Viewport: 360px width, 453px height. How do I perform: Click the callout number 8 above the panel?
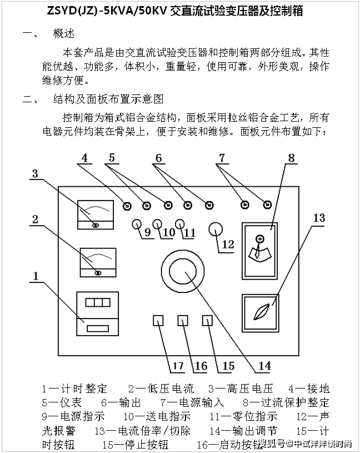(x=291, y=157)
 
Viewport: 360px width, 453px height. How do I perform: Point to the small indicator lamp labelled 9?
(x=136, y=223)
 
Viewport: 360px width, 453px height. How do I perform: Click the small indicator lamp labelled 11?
(x=179, y=224)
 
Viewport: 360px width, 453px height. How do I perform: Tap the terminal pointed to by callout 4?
(x=127, y=206)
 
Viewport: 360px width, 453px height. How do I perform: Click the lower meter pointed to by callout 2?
(x=98, y=261)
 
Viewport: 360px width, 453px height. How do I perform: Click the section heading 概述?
(x=63, y=33)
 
